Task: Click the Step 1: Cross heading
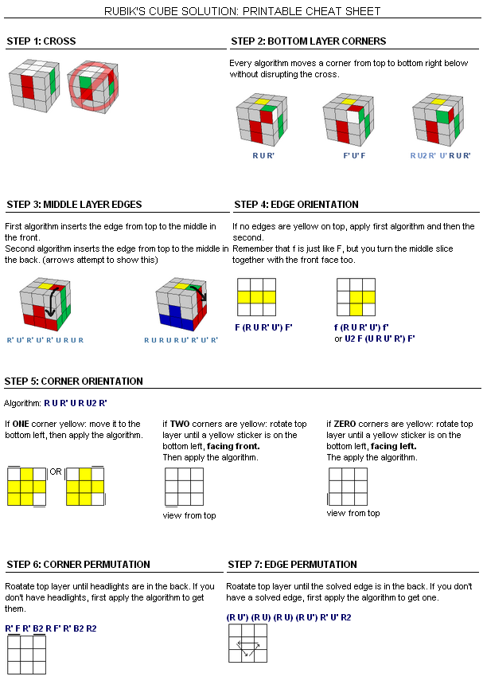click(x=41, y=41)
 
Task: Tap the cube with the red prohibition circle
click(x=93, y=86)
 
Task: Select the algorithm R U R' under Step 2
click(x=263, y=155)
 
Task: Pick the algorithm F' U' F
click(x=354, y=155)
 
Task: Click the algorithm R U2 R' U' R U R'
click(x=440, y=155)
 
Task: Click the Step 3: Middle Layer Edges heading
click(x=74, y=204)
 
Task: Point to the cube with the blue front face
click(x=181, y=304)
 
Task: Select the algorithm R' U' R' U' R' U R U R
click(x=45, y=340)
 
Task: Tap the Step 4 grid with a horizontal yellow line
click(x=256, y=297)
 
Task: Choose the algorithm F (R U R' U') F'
click(x=263, y=327)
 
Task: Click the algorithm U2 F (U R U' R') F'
click(x=380, y=338)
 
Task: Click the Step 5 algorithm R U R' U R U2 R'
click(x=76, y=403)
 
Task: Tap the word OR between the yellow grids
click(x=56, y=472)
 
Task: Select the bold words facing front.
click(x=233, y=446)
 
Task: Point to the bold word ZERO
click(x=345, y=424)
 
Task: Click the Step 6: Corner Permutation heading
click(x=79, y=565)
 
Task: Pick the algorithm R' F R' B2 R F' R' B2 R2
click(x=51, y=628)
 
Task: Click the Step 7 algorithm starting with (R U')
click(x=289, y=617)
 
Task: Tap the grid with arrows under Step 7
click(x=248, y=644)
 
